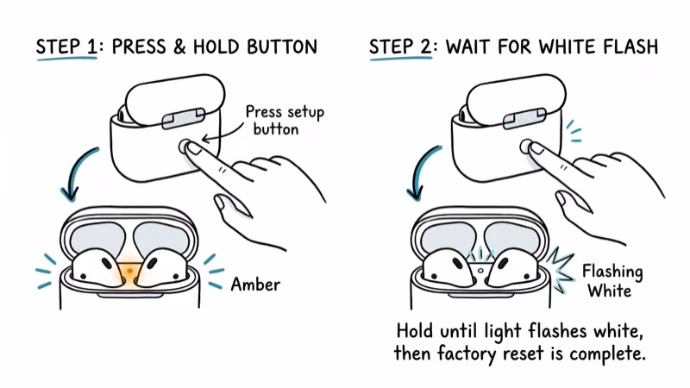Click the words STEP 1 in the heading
pyautogui.click(x=65, y=47)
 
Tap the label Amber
pyautogui.click(x=254, y=283)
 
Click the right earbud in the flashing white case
pyautogui.click(x=512, y=267)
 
